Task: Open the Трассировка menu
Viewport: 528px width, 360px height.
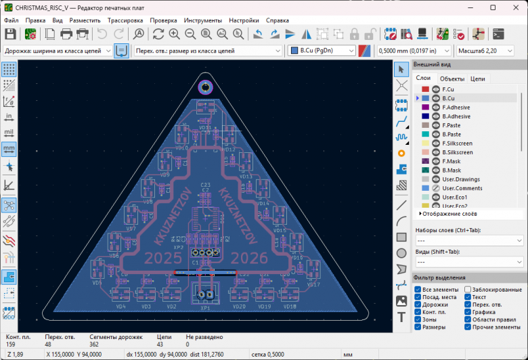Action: tap(125, 20)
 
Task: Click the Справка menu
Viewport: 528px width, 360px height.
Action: tap(277, 20)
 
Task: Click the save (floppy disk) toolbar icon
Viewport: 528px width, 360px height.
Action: tap(10, 34)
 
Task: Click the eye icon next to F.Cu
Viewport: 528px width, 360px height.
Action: tap(436, 89)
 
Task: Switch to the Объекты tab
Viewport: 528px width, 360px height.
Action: tap(452, 78)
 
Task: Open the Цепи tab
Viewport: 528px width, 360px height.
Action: tap(477, 78)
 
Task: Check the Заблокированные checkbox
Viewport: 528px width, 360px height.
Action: tap(468, 290)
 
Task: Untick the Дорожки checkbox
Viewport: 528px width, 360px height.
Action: tap(418, 305)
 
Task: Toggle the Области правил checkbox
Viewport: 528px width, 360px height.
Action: tap(468, 319)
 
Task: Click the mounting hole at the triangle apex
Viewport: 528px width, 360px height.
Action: tap(205, 87)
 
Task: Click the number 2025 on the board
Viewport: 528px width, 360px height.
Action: tap(164, 258)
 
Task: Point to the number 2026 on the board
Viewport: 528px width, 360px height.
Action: tap(250, 258)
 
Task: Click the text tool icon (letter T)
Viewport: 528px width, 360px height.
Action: tap(401, 317)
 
